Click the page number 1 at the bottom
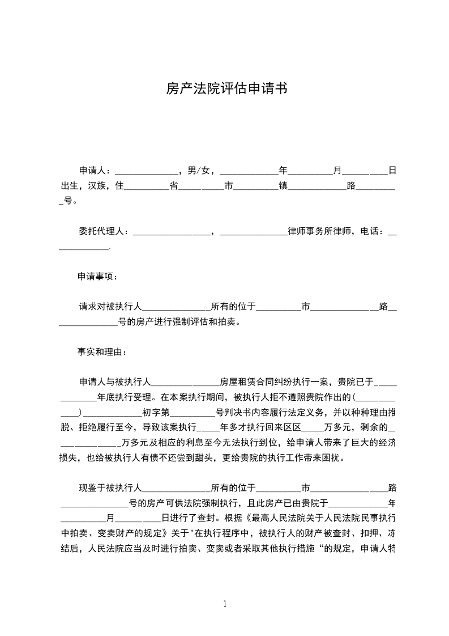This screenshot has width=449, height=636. click(225, 604)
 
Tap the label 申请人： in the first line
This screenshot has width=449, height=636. click(96, 171)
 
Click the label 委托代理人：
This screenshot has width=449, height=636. click(104, 231)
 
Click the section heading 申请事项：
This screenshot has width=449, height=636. click(98, 277)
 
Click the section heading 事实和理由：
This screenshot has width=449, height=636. click(102, 352)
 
